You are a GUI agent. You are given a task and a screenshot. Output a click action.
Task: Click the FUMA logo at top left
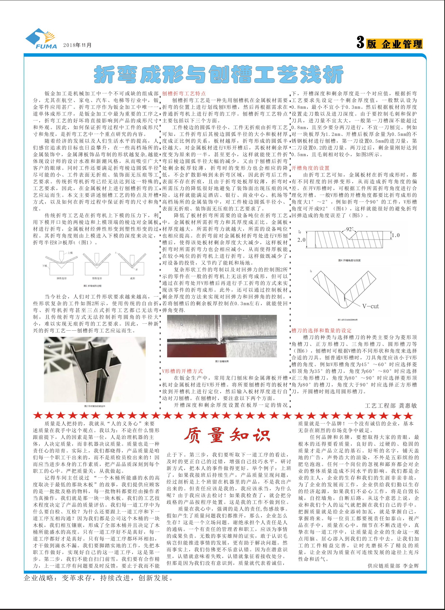(x=41, y=39)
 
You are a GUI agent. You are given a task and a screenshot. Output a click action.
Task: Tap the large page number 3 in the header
(x=360, y=43)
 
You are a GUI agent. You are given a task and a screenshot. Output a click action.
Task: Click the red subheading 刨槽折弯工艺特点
(x=184, y=94)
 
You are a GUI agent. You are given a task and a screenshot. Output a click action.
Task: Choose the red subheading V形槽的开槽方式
(x=182, y=371)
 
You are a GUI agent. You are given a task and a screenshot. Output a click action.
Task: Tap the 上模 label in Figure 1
(x=70, y=253)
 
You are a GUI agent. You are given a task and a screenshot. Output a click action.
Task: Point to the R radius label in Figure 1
(x=137, y=269)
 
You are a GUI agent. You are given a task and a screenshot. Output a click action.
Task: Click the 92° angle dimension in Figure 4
(x=349, y=229)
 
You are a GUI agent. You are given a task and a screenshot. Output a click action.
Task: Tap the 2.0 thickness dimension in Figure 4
(x=301, y=239)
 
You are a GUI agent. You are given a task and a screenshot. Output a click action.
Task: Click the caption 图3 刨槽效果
(x=222, y=361)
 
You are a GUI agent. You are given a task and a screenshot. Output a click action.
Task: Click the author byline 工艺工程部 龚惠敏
(x=391, y=405)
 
